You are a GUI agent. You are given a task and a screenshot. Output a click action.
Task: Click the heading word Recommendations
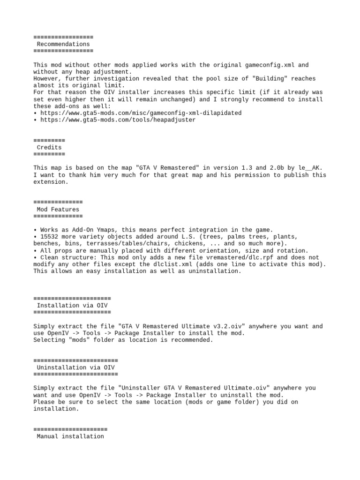[63, 44]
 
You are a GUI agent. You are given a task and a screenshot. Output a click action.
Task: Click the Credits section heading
[49, 147]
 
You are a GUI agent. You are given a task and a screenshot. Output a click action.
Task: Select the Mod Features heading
[58, 210]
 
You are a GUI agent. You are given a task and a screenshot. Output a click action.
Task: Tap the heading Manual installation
[70, 436]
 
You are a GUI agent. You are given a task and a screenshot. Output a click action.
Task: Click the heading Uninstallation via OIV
[75, 367]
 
